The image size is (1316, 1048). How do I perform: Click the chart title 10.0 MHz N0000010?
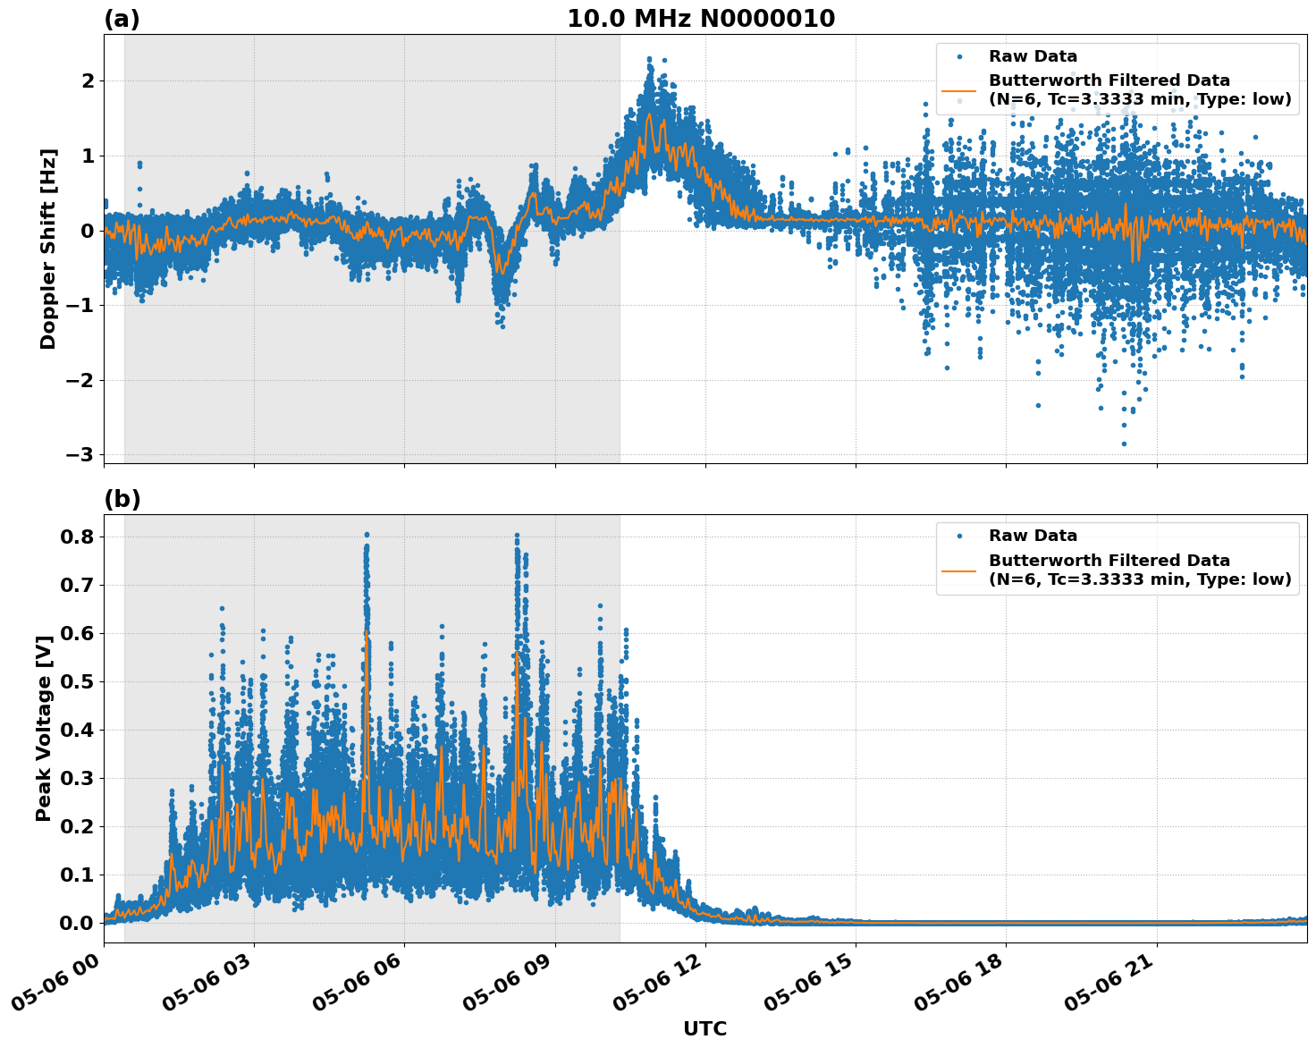[x=701, y=19]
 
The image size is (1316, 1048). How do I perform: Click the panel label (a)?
[x=122, y=19]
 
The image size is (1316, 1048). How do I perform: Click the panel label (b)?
[x=122, y=499]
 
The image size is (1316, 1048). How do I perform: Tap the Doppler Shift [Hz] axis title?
[x=48, y=249]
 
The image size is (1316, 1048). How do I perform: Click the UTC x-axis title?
[x=704, y=1028]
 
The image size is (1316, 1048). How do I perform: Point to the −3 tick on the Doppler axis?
[x=80, y=455]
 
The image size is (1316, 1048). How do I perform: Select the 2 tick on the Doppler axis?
[x=89, y=81]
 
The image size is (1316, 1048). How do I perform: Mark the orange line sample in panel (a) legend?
[x=958, y=90]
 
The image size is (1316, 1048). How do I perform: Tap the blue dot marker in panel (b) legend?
[x=958, y=536]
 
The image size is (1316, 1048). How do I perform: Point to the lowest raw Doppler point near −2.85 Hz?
[x=1124, y=444]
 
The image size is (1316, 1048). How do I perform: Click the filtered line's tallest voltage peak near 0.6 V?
[x=367, y=632]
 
